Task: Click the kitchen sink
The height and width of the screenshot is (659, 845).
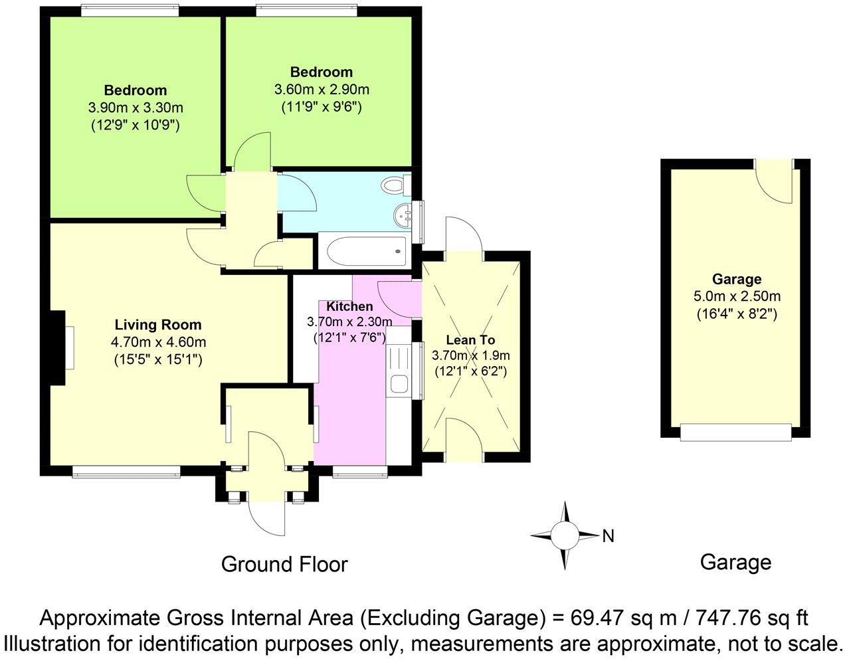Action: point(399,383)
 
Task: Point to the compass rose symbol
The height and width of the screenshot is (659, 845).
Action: point(565,534)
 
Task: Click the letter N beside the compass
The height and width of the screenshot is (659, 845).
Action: point(608,535)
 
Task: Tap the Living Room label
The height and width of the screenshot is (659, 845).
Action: point(158,325)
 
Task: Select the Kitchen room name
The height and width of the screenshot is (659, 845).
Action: point(349,306)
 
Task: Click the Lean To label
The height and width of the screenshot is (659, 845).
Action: point(470,339)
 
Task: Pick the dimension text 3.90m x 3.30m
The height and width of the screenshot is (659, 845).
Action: point(136,107)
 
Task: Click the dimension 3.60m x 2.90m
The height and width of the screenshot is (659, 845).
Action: point(322,89)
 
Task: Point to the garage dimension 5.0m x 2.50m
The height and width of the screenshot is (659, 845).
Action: point(737,296)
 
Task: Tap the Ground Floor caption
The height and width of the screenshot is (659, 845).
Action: point(284,564)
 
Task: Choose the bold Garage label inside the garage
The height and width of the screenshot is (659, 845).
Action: point(737,279)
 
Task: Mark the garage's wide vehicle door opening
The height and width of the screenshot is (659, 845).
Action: point(737,432)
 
